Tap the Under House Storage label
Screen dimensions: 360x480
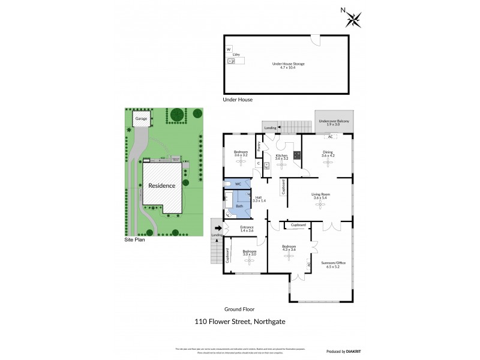pos(288,65)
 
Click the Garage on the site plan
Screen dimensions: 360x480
pos(141,119)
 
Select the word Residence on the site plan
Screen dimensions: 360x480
pos(162,186)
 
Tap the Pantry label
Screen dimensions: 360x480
pos(259,145)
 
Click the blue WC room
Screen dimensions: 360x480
pos(238,184)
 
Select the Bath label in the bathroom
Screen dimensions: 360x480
pos(239,206)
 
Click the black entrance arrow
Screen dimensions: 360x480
pos(217,227)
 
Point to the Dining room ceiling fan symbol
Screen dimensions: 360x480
pos(328,163)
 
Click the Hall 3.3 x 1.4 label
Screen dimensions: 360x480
pos(259,199)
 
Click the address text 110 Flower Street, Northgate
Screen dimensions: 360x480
pos(240,321)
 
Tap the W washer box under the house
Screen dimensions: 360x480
pos(229,49)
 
